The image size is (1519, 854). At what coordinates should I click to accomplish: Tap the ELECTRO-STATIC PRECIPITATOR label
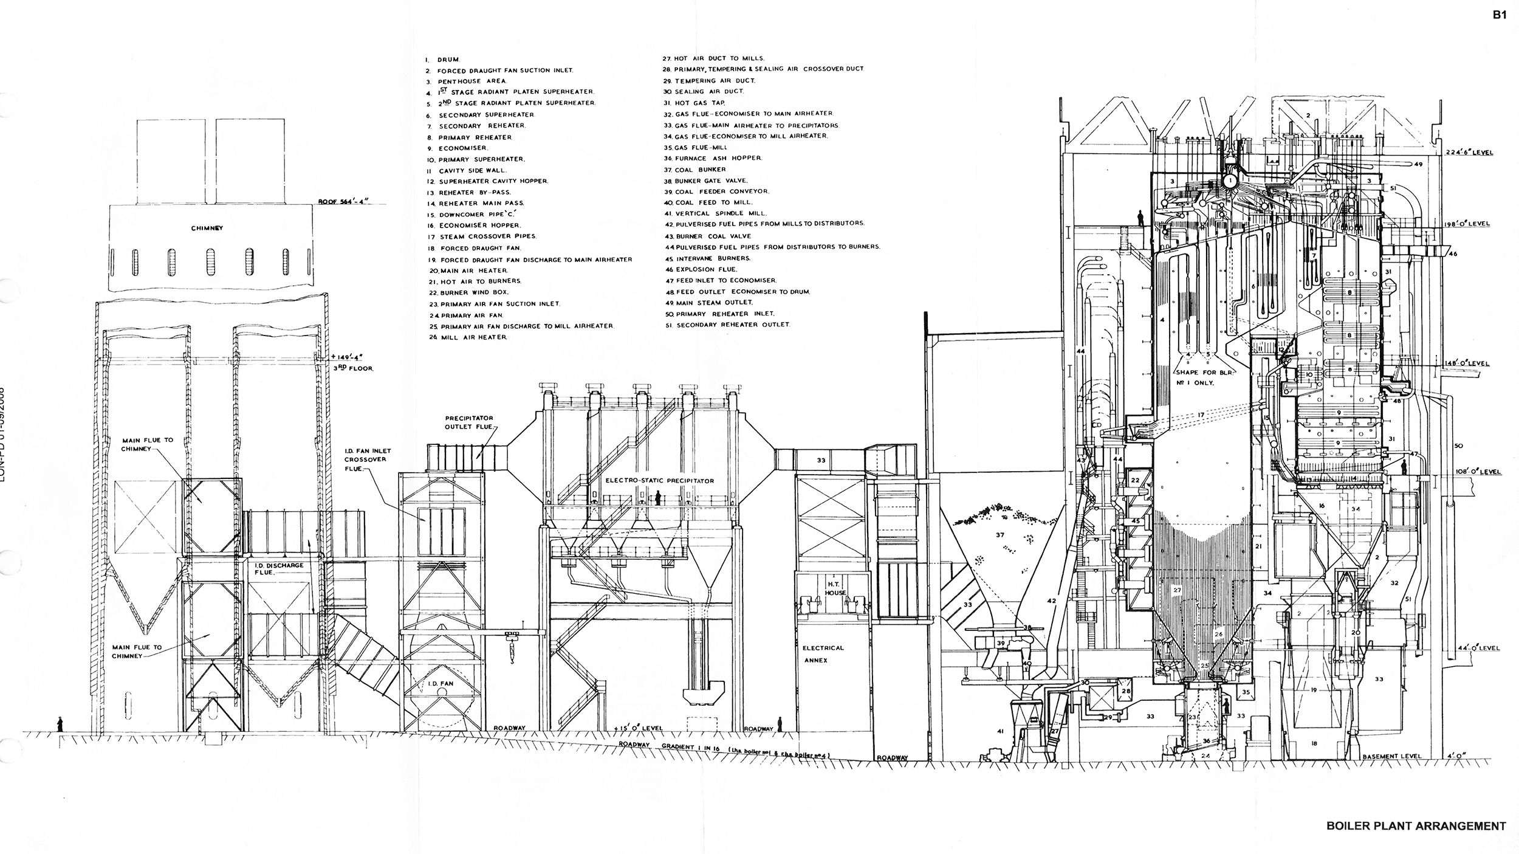(659, 481)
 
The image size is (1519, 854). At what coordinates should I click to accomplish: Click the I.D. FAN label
(437, 683)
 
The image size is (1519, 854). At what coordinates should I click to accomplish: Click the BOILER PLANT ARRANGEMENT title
(1414, 826)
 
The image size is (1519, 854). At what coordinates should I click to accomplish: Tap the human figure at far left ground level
(60, 725)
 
